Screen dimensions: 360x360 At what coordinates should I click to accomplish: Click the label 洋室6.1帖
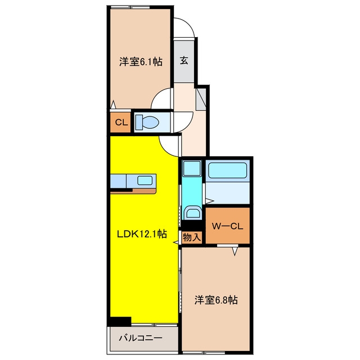click(x=141, y=62)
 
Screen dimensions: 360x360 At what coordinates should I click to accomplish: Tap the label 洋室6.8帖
click(x=216, y=300)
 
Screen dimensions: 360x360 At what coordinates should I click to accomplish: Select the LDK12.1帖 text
click(x=142, y=234)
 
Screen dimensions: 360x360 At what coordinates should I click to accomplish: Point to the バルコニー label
click(x=141, y=338)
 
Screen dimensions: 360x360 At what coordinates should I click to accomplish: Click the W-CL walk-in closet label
click(x=227, y=226)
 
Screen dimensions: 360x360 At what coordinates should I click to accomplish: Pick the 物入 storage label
click(x=192, y=237)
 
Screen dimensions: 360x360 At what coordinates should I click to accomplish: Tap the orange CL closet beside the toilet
click(x=120, y=122)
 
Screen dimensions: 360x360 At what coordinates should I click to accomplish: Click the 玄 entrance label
click(x=184, y=60)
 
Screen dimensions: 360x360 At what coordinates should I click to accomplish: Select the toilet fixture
click(x=147, y=122)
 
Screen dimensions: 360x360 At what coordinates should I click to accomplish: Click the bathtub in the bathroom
click(x=227, y=170)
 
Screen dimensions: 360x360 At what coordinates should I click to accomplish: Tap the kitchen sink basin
click(x=145, y=180)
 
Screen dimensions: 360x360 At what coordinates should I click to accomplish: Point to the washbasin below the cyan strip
click(x=192, y=213)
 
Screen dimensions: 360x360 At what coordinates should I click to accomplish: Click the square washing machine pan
click(x=192, y=168)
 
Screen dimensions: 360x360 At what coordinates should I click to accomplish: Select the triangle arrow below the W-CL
click(x=235, y=251)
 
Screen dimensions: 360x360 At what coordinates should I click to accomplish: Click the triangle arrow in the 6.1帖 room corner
click(x=113, y=105)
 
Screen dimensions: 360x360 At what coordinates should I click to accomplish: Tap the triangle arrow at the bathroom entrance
click(x=209, y=201)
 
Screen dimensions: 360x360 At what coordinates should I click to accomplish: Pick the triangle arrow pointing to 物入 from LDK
click(x=176, y=242)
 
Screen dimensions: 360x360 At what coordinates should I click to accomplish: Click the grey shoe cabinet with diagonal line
click(x=201, y=99)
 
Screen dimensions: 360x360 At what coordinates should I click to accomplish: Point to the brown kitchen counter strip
click(x=145, y=191)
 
